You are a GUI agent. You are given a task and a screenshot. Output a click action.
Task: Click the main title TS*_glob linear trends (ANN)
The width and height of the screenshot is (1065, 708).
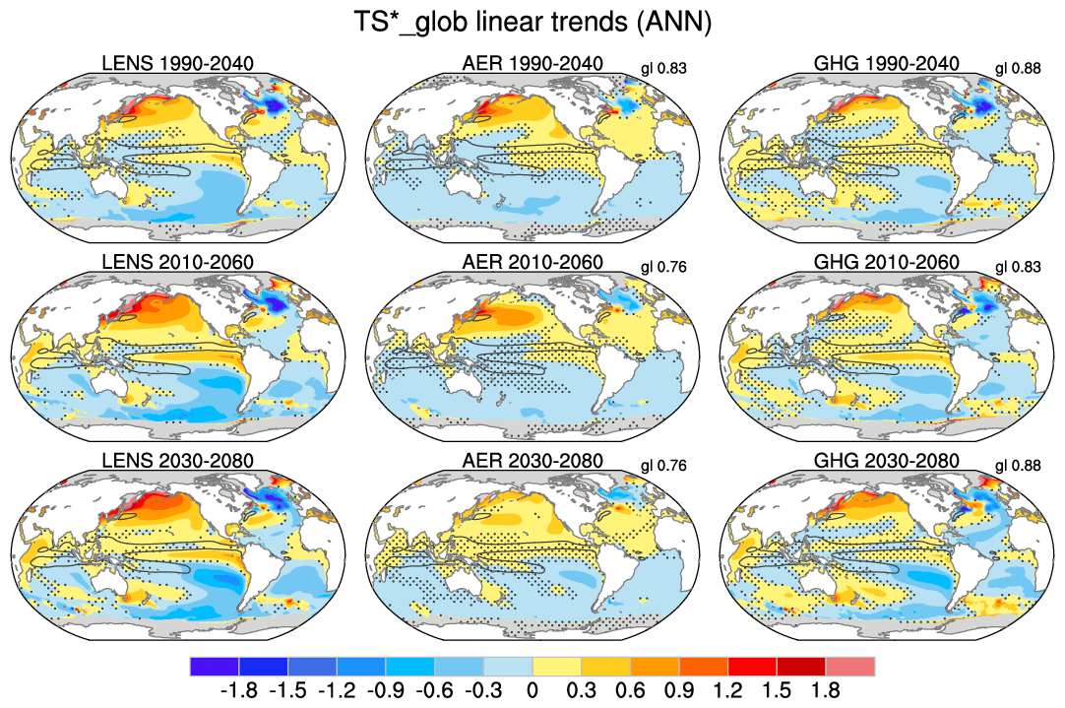(532, 22)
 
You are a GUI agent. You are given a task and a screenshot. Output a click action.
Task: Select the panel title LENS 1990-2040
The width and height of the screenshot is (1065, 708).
(178, 64)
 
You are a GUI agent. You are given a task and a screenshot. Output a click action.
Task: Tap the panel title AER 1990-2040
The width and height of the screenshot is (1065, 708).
(532, 64)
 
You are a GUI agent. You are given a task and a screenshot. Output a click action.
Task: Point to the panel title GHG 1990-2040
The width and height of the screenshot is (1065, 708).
(887, 64)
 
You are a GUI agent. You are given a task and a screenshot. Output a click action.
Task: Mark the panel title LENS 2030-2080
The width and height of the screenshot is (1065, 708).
(178, 461)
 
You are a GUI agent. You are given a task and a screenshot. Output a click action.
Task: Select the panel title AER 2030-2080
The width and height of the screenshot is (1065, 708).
(532, 461)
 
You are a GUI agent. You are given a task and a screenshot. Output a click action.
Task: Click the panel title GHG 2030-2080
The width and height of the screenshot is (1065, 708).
(887, 461)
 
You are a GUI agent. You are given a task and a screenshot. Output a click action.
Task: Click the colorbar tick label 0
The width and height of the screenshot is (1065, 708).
(532, 690)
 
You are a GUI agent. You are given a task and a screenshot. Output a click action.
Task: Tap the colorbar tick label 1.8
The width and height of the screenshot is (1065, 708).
(825, 690)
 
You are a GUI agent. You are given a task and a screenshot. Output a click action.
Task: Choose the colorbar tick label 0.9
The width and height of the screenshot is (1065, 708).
(679, 690)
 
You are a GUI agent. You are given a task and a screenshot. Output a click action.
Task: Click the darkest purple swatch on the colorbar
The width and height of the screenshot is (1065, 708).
(214, 667)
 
